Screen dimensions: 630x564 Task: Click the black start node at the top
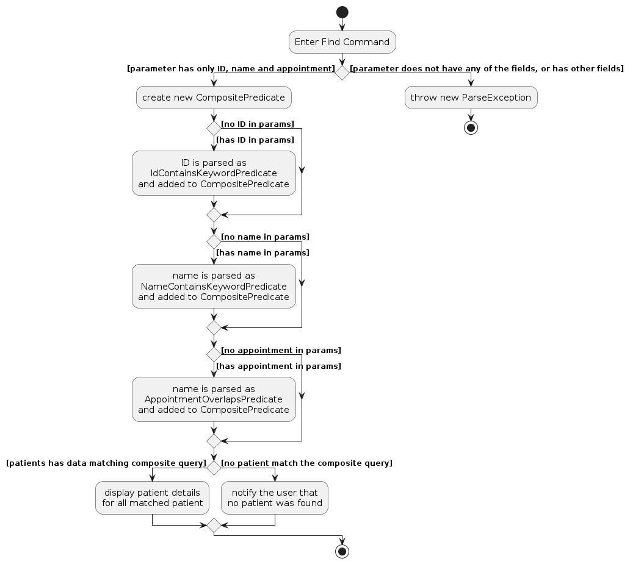[x=342, y=12]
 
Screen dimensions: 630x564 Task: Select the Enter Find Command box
[x=342, y=42]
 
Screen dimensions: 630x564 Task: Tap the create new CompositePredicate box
[x=214, y=98]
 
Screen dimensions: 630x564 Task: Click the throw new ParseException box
[x=471, y=98]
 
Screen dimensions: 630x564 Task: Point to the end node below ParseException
[x=471, y=128]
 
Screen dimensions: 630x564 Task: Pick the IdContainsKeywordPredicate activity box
[x=214, y=173]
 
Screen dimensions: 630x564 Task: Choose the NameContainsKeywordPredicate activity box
[x=214, y=286]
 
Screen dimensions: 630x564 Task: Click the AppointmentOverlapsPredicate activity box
[x=214, y=399]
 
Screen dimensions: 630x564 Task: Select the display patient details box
[x=152, y=498]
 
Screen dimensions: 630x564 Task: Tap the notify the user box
[x=275, y=498]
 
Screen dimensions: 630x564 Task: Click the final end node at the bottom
[x=342, y=552]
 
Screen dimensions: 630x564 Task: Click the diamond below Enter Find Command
[x=342, y=73]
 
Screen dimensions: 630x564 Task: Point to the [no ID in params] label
[x=258, y=124]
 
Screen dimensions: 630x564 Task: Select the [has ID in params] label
[x=255, y=140]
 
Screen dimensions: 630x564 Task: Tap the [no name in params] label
[x=265, y=237]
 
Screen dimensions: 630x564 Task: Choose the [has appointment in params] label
[x=278, y=366]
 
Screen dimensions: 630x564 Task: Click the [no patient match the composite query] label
[x=306, y=463]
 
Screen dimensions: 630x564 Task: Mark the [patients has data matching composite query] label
[x=106, y=463]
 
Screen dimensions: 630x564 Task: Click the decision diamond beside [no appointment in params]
[x=214, y=354]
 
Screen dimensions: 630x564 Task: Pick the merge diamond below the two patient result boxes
[x=214, y=525]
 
